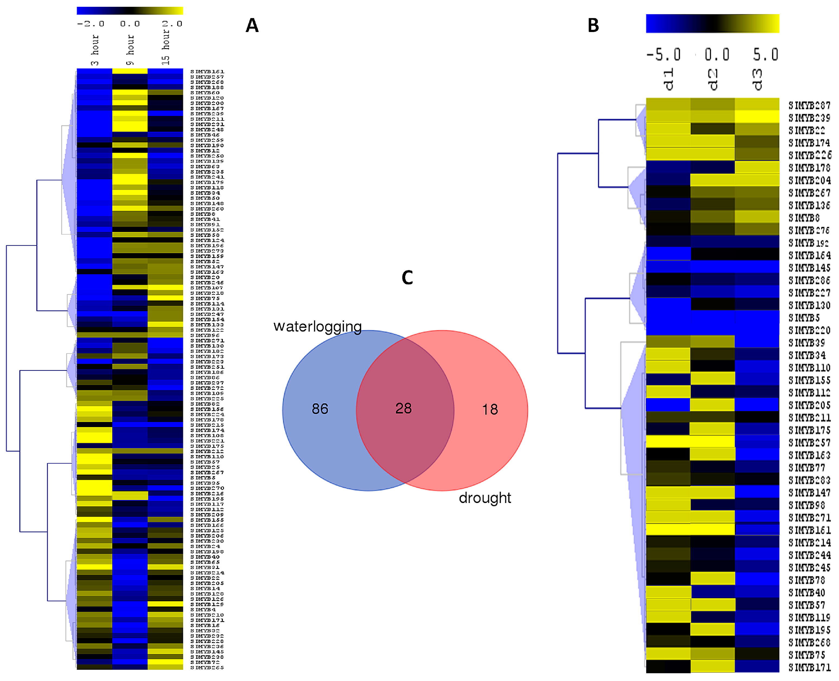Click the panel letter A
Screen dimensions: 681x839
(252, 26)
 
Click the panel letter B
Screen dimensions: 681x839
(593, 26)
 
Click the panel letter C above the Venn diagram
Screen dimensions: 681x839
(407, 278)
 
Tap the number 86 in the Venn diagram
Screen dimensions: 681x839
(320, 409)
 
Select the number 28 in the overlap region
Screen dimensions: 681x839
(403, 408)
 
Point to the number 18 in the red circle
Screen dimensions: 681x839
(490, 409)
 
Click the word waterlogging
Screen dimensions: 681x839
(317, 326)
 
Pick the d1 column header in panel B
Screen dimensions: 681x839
(668, 79)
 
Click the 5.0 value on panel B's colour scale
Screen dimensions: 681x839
(765, 55)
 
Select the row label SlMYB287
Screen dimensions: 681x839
(809, 106)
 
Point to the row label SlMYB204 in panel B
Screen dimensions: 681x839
(809, 180)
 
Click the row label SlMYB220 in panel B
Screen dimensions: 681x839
(809, 330)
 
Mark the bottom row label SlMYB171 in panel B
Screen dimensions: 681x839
(809, 667)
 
